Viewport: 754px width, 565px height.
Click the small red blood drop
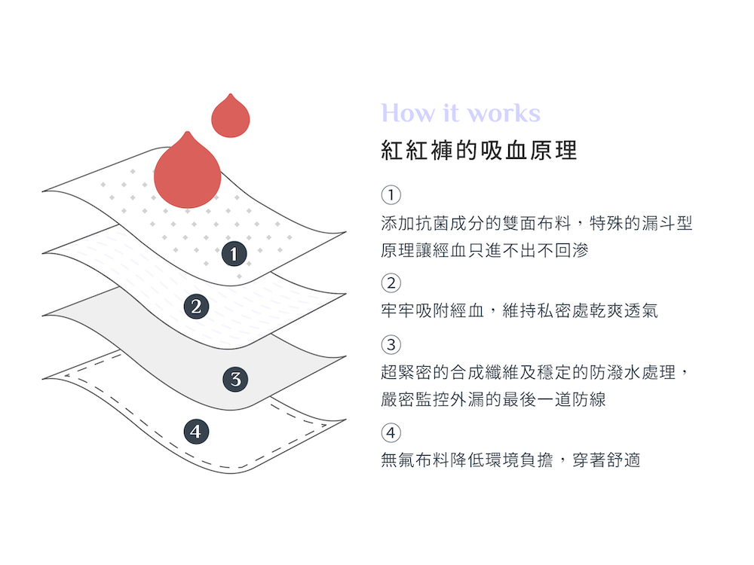[230, 118]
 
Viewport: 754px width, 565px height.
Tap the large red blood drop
[187, 175]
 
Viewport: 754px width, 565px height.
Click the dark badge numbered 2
[196, 307]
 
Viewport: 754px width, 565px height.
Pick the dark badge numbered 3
[236, 379]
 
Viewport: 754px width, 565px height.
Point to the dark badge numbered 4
[196, 432]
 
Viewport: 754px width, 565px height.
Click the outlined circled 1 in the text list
[391, 195]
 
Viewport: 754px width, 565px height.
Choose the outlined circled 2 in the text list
[391, 283]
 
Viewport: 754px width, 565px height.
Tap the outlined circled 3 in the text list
[391, 345]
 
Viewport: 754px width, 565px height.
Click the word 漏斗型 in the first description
[667, 224]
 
